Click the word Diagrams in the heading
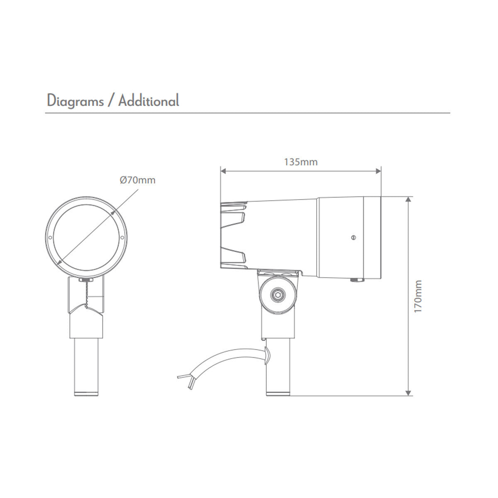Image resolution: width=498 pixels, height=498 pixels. coord(75,101)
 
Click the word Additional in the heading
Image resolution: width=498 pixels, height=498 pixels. coord(149,100)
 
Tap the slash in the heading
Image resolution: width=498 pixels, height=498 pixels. coord(111,101)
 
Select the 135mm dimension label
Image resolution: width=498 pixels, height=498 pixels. coord(300,162)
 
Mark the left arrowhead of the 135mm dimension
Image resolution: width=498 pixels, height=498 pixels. coord(223,170)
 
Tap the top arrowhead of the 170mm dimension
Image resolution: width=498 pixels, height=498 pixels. coord(409,199)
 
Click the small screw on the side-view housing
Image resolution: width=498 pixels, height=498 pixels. coord(353,238)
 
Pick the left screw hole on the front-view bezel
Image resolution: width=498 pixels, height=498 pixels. coord(50,238)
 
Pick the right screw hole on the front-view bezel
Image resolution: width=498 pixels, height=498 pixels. coord(122,238)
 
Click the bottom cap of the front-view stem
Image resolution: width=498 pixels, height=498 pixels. coord(86,393)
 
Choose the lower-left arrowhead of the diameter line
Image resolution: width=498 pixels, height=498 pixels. coord(60,262)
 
